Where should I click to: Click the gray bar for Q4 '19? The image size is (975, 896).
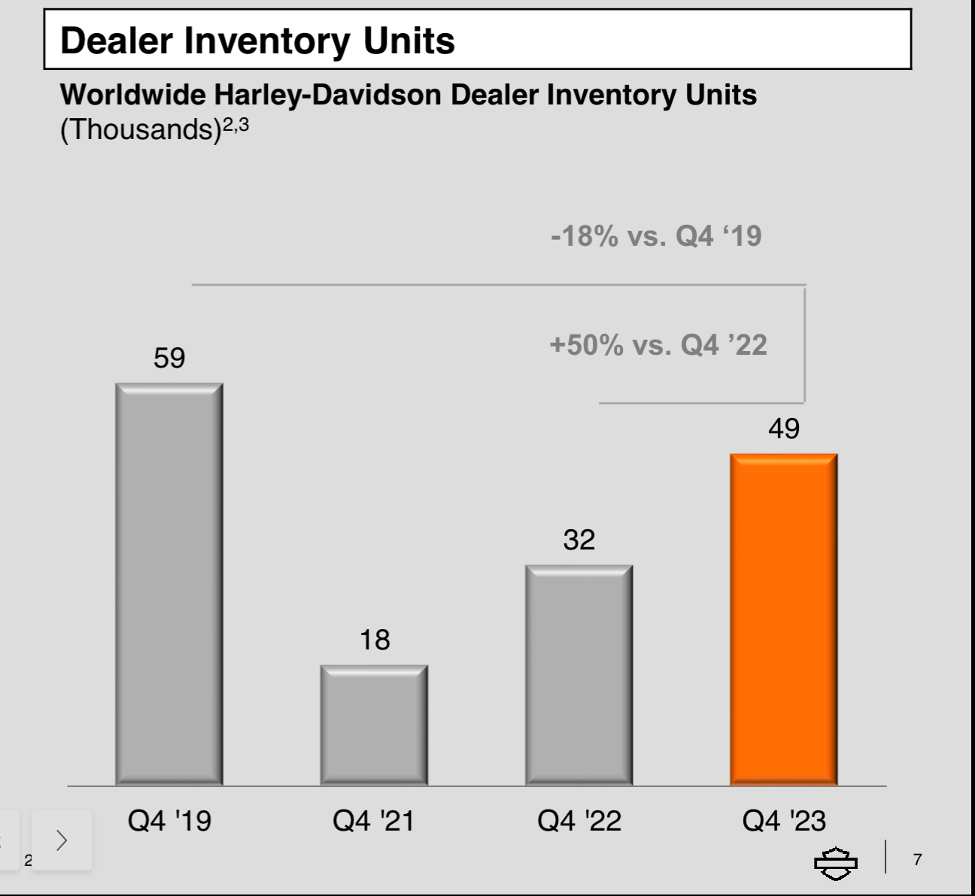click(169, 584)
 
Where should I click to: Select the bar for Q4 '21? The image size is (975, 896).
click(374, 725)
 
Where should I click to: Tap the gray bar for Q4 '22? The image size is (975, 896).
click(579, 675)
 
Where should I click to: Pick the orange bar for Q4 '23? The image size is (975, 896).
click(783, 619)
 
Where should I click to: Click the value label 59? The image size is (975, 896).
click(169, 358)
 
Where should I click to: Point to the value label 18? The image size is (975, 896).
click(375, 640)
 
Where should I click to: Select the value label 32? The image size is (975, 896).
click(579, 540)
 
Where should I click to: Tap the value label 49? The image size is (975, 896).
click(784, 428)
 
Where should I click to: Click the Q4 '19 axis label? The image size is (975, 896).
click(169, 820)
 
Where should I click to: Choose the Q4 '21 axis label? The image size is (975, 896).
click(374, 820)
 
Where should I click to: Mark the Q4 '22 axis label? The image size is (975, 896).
click(579, 820)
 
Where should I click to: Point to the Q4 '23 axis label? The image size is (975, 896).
click(784, 820)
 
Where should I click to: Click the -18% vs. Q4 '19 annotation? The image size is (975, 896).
click(656, 236)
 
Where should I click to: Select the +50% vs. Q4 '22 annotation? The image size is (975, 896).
click(658, 345)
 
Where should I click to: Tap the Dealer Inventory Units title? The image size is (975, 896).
click(257, 41)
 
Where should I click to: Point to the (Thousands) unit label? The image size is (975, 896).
click(140, 129)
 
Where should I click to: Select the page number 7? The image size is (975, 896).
click(917, 859)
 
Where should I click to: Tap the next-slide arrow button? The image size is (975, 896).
click(62, 840)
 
